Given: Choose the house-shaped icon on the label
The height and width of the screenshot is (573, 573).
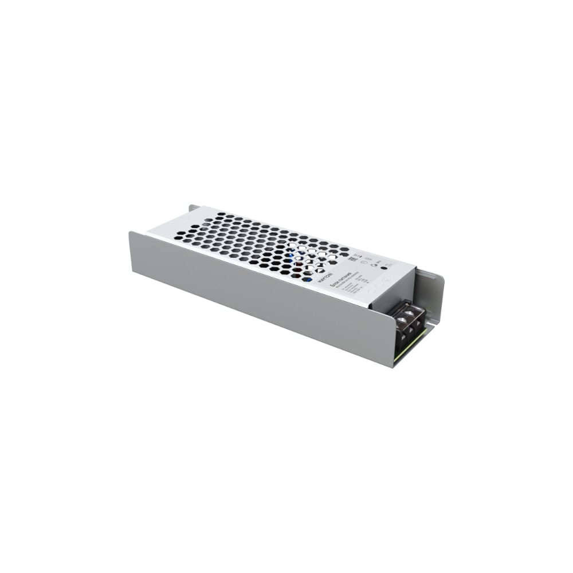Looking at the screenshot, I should [374, 264].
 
